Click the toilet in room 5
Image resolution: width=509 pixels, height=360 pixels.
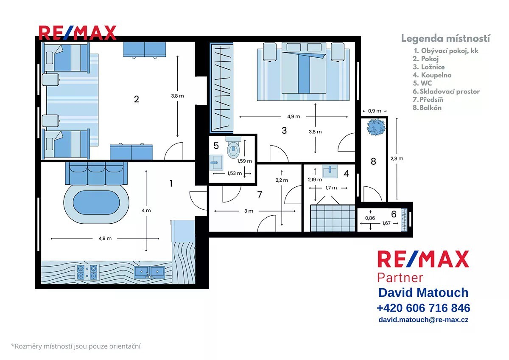coord(233,147)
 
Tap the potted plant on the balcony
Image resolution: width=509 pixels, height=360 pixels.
coord(376,127)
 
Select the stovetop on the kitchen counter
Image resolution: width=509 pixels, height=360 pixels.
coord(87,272)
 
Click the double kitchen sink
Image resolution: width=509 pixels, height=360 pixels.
coord(149,272)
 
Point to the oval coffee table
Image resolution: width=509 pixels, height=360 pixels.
coord(96,202)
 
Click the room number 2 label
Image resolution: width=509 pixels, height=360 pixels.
coord(136,99)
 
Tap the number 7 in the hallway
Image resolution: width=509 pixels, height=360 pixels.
coord(260,194)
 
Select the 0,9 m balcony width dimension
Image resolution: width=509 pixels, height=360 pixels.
coord(375,111)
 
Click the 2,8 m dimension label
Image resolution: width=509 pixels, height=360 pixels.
coord(397,158)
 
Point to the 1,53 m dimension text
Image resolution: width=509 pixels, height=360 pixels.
coord(235,173)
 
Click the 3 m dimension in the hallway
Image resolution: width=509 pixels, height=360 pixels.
coord(249,211)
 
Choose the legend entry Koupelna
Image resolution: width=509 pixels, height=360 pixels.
coord(432,75)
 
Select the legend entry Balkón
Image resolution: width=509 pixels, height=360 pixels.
coord(427,107)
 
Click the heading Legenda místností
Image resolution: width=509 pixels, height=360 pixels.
coord(445,39)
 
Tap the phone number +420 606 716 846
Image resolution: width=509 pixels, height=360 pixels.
coord(423,308)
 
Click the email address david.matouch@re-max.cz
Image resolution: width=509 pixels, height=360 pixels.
coord(423,320)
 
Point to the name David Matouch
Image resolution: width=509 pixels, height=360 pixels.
coord(423,292)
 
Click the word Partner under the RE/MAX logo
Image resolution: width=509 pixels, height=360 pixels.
coord(400,278)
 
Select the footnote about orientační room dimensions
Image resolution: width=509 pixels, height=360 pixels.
coord(76,346)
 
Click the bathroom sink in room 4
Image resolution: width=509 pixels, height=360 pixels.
coord(330,172)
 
